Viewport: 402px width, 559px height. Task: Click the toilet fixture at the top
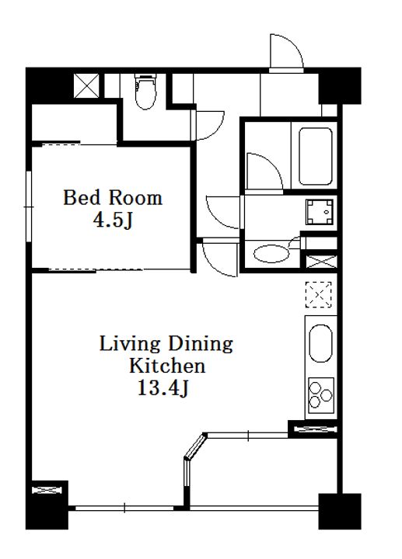click(145, 92)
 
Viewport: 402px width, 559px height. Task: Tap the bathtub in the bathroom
click(315, 156)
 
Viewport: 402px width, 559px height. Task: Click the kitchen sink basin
click(320, 343)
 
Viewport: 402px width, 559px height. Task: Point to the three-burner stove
click(321, 395)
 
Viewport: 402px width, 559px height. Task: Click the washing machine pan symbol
click(320, 212)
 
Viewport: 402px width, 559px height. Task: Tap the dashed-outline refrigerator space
click(319, 294)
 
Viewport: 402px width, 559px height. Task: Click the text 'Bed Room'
click(113, 197)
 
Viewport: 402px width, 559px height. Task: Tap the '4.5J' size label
click(113, 220)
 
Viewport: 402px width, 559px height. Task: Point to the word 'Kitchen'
click(167, 366)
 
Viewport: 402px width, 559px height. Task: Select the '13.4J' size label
click(163, 388)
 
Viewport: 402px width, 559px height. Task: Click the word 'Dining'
click(201, 345)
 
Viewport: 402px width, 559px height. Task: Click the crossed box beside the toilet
click(86, 85)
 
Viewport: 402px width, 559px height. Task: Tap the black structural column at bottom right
click(340, 511)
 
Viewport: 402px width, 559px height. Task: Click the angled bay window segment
click(196, 446)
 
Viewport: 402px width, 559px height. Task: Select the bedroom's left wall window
click(29, 207)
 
